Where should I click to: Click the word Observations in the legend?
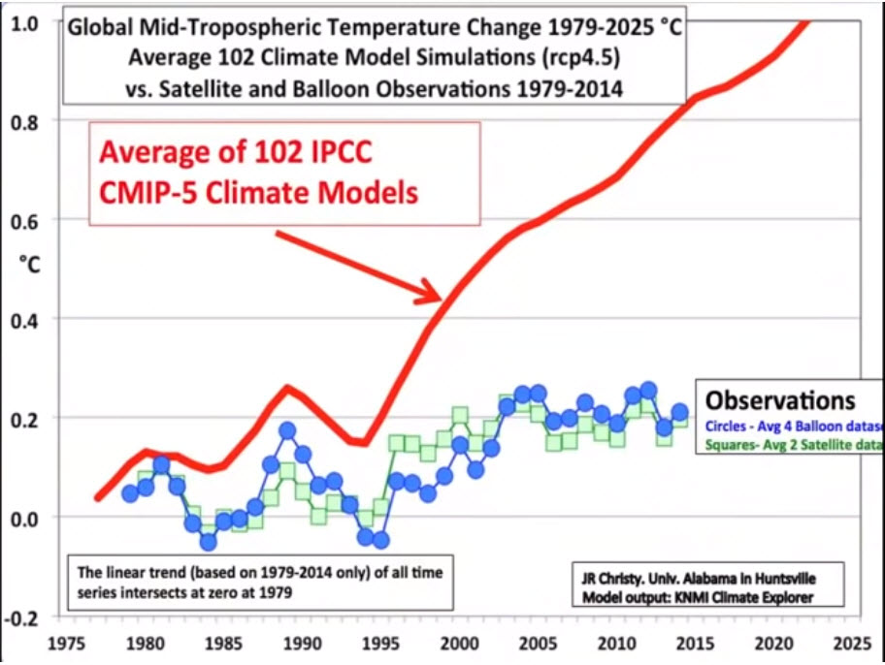(x=780, y=400)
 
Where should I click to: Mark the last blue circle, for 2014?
(x=679, y=412)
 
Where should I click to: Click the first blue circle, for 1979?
(x=130, y=493)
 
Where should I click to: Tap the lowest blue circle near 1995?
(x=380, y=539)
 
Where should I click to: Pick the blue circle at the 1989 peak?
(x=287, y=430)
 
